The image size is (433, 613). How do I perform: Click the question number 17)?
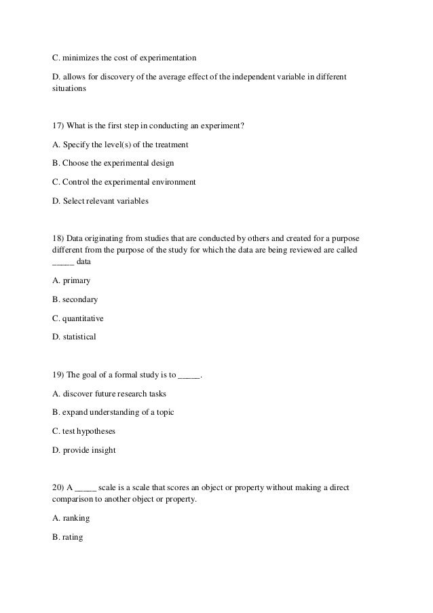[x=58, y=126]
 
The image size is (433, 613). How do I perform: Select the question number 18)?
[x=58, y=240]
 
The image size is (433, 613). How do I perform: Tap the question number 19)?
[x=58, y=375]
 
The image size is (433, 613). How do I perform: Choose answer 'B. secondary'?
[x=75, y=299]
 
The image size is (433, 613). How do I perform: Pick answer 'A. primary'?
[x=71, y=280]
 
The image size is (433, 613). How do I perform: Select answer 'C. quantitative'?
[x=78, y=318]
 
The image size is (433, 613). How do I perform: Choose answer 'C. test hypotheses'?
[x=85, y=431]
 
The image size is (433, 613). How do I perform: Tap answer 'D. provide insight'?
[x=84, y=450]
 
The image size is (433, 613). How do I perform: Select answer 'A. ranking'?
[x=71, y=518]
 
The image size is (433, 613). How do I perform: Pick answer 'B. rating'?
[x=69, y=537]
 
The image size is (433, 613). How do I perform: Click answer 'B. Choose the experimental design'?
[x=113, y=164]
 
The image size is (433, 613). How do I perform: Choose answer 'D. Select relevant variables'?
[x=100, y=202]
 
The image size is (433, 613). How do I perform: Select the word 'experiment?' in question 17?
[x=224, y=126]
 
